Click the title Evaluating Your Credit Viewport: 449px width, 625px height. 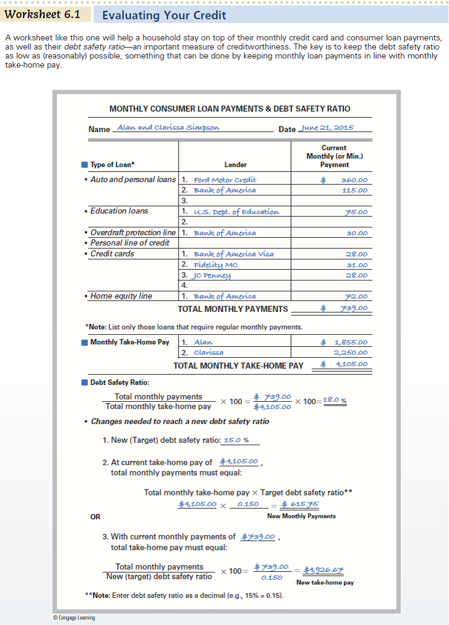pos(164,15)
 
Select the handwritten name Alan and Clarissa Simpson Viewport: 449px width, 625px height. pos(168,128)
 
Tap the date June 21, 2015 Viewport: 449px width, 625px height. pos(327,128)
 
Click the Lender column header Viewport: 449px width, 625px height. pos(235,165)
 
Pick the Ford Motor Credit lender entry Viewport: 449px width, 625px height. pos(224,180)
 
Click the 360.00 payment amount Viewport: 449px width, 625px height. pos(354,180)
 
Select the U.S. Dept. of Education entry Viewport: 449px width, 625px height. pos(236,212)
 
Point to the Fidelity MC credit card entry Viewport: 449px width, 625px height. pos(216,265)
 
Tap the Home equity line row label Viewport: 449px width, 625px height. pos(121,296)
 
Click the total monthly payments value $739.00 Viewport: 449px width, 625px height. pos(344,308)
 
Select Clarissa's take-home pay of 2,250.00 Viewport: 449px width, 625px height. pos(351,352)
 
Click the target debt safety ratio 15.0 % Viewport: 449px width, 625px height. pos(236,440)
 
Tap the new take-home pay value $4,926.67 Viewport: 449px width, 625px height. pos(324,570)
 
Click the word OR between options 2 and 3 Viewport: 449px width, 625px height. pos(95,517)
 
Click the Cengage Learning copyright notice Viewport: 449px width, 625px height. pos(74,618)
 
